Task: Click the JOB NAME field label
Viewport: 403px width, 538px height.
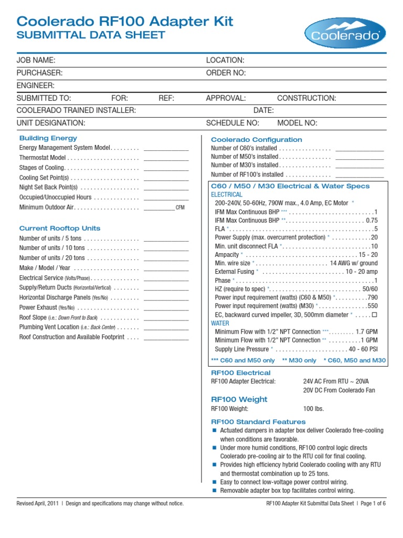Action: click(x=36, y=60)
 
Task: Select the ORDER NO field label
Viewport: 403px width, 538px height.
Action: click(x=226, y=73)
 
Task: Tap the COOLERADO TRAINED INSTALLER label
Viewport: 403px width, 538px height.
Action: click(x=77, y=110)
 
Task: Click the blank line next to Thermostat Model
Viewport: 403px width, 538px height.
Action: click(x=166, y=158)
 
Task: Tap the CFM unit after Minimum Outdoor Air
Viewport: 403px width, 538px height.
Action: click(x=180, y=208)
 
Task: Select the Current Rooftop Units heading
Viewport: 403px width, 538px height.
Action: click(x=60, y=229)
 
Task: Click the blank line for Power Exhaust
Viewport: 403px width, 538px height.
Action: click(x=166, y=308)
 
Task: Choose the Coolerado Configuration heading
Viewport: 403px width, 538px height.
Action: click(x=256, y=140)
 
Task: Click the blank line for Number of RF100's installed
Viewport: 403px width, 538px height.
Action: click(x=359, y=174)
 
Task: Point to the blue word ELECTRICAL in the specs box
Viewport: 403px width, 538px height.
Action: click(x=227, y=194)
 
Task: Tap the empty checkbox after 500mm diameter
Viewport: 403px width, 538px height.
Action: click(x=374, y=314)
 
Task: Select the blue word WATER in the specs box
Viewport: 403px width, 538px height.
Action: click(x=220, y=323)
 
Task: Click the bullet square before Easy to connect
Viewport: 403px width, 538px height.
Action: click(x=214, y=482)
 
